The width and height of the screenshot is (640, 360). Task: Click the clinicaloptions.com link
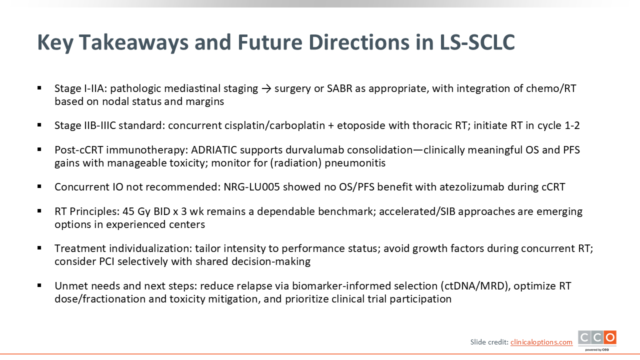pos(541,342)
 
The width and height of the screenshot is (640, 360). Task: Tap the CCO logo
pos(597,340)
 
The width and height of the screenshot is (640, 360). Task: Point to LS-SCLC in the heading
pos(477,42)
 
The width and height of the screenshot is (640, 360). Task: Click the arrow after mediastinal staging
pos(266,89)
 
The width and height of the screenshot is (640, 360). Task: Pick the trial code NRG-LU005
pos(251,187)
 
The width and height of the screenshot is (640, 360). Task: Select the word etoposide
pos(361,125)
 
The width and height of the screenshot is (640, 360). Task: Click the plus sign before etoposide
pos(331,126)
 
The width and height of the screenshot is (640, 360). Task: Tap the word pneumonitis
pos(355,163)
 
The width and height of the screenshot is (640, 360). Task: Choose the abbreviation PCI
pos(106,261)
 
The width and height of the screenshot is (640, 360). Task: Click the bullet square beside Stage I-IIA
pos(39,88)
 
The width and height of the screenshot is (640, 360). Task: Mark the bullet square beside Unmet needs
pos(39,285)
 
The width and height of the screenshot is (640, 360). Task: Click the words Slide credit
pos(489,342)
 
